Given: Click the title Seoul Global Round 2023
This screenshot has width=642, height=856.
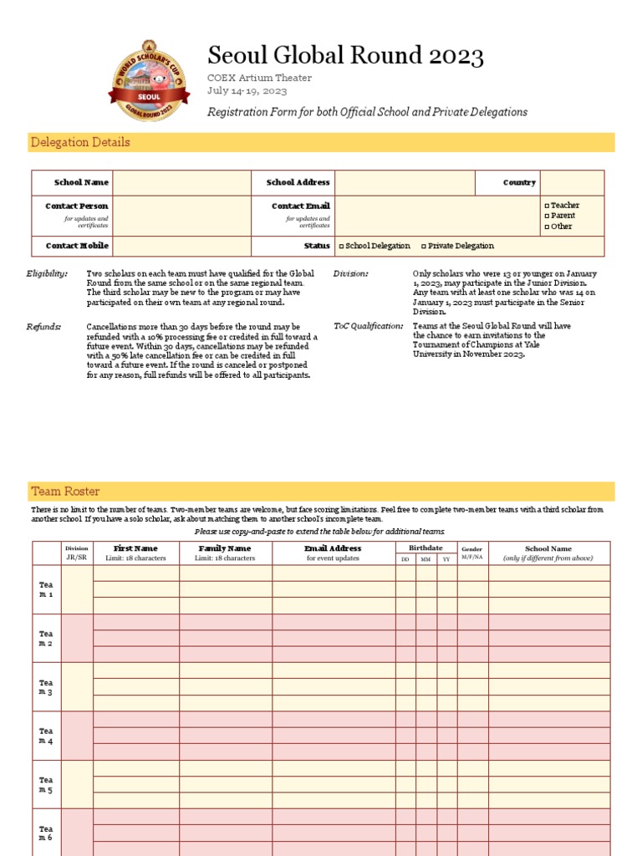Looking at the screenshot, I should (345, 56).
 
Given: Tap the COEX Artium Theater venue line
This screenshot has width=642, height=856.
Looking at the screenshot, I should (259, 78).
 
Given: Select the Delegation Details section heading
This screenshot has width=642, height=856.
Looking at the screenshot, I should (80, 142).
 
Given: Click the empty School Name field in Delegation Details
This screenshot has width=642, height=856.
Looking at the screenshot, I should (181, 182).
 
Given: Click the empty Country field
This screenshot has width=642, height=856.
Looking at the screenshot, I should (572, 182).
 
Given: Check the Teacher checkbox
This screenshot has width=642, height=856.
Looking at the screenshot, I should (547, 206).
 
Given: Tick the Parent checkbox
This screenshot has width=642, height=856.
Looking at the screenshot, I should (547, 216).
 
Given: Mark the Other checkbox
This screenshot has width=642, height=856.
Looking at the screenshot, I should (547, 227).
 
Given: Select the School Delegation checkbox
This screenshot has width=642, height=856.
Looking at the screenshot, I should (341, 247).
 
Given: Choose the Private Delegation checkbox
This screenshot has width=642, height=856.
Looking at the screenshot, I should (424, 247).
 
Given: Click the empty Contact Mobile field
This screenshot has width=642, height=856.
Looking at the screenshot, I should (181, 246).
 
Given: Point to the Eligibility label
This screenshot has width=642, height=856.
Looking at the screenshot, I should (47, 274).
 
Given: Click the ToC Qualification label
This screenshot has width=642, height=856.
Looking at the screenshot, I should (368, 326).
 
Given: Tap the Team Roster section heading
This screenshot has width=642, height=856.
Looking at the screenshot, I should (65, 492).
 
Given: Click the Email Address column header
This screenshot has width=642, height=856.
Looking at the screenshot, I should (333, 549).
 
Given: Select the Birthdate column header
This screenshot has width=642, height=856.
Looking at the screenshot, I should (425, 548).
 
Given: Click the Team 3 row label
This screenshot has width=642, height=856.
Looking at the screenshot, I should (45, 687).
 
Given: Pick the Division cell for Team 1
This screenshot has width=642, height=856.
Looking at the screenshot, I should (76, 589).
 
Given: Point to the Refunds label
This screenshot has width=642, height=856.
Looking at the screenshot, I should (43, 327).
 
